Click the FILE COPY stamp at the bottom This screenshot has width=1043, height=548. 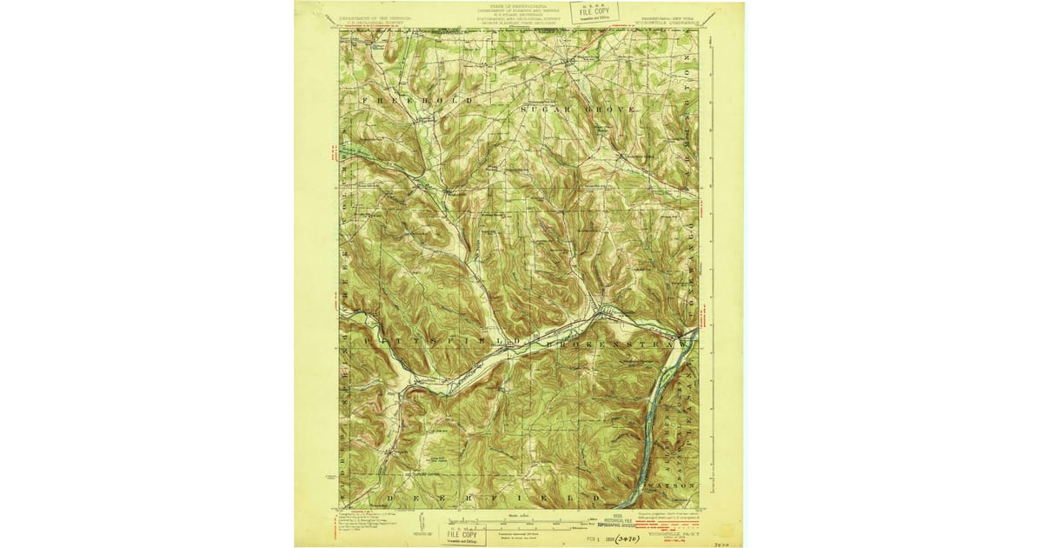462,531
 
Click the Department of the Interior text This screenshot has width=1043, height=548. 375,17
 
